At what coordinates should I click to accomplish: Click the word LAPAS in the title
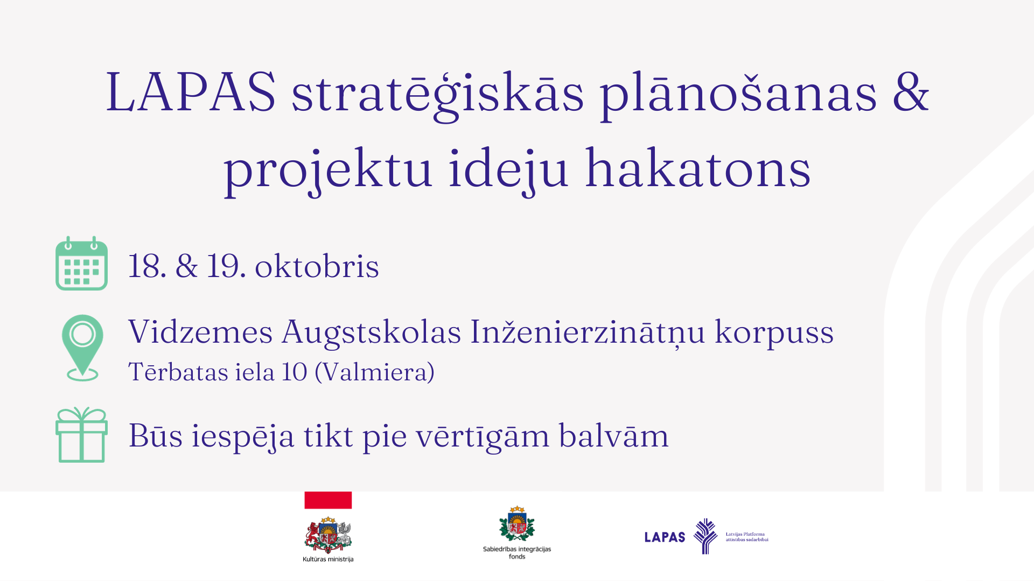[191, 92]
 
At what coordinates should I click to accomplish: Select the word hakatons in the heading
[697, 168]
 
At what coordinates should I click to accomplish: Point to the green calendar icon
[82, 264]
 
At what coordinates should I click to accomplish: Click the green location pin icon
[82, 348]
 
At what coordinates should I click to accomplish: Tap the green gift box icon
[82, 435]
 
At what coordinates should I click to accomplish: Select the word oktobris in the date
[317, 266]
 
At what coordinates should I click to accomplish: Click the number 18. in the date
[147, 266]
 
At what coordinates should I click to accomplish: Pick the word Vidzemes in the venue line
[200, 331]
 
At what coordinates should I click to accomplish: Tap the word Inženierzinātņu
[588, 332]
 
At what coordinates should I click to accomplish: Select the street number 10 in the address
[295, 372]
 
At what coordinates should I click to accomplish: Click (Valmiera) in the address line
[374, 372]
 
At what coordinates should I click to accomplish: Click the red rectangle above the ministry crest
[328, 500]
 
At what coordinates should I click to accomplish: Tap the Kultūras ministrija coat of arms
[328, 535]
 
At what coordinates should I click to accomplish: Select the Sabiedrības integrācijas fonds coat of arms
[517, 524]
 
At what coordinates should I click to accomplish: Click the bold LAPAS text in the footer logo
[665, 537]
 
